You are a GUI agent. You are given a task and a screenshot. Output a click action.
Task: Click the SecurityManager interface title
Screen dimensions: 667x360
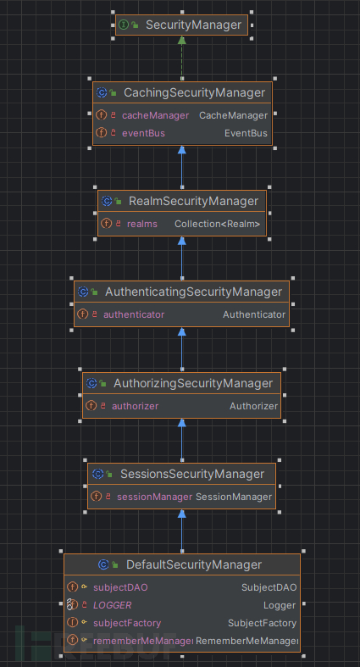(193, 25)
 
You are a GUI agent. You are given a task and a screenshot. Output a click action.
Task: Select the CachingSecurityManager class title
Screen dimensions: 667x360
(194, 92)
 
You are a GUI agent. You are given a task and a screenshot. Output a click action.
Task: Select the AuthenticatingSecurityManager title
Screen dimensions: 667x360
(193, 292)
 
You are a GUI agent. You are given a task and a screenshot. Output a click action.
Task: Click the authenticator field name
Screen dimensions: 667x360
(134, 314)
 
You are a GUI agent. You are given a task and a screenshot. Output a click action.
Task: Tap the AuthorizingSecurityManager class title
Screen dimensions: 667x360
(193, 383)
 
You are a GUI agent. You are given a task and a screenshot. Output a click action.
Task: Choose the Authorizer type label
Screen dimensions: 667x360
(253, 406)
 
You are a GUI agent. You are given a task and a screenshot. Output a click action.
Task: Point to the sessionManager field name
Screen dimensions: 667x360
(155, 497)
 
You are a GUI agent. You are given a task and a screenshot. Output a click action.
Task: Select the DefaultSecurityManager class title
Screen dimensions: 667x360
(193, 564)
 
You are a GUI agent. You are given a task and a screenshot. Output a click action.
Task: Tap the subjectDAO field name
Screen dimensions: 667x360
(121, 586)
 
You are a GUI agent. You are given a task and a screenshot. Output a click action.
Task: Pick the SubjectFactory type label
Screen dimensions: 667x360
(262, 623)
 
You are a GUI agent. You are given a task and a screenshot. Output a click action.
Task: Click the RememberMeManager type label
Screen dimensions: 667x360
(246, 641)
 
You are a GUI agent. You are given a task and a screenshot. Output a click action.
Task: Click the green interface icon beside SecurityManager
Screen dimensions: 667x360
(123, 25)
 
